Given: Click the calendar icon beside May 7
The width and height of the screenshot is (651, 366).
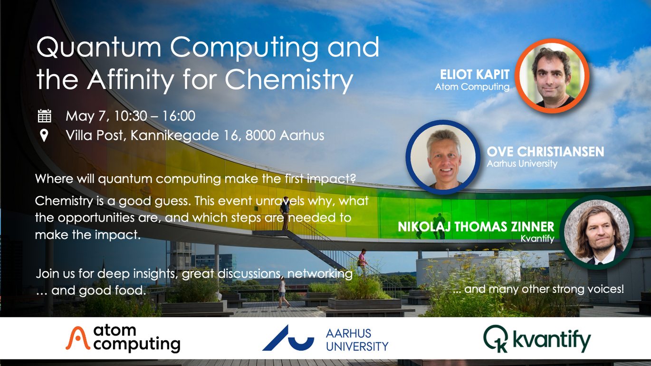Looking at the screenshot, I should click(x=44, y=116).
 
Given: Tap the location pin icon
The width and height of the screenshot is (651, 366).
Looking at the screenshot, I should click(x=44, y=136).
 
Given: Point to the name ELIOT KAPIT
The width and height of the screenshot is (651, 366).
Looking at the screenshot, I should click(x=474, y=75).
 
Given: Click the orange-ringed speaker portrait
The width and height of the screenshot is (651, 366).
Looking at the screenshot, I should click(x=553, y=76).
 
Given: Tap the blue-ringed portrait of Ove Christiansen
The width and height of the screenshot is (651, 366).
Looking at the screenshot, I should click(x=442, y=157).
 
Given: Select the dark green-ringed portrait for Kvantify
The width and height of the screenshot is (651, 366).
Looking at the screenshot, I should click(x=597, y=231).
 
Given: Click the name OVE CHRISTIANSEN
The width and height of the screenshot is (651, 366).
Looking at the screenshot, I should click(x=545, y=152).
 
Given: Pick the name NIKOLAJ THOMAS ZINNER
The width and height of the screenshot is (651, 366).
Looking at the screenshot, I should click(x=476, y=226).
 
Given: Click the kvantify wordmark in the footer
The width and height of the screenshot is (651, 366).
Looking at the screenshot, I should click(x=551, y=340).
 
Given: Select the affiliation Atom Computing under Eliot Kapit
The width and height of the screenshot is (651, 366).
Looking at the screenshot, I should click(x=472, y=87).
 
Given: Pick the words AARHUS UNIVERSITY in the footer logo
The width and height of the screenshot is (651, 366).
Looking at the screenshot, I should click(x=357, y=340).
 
